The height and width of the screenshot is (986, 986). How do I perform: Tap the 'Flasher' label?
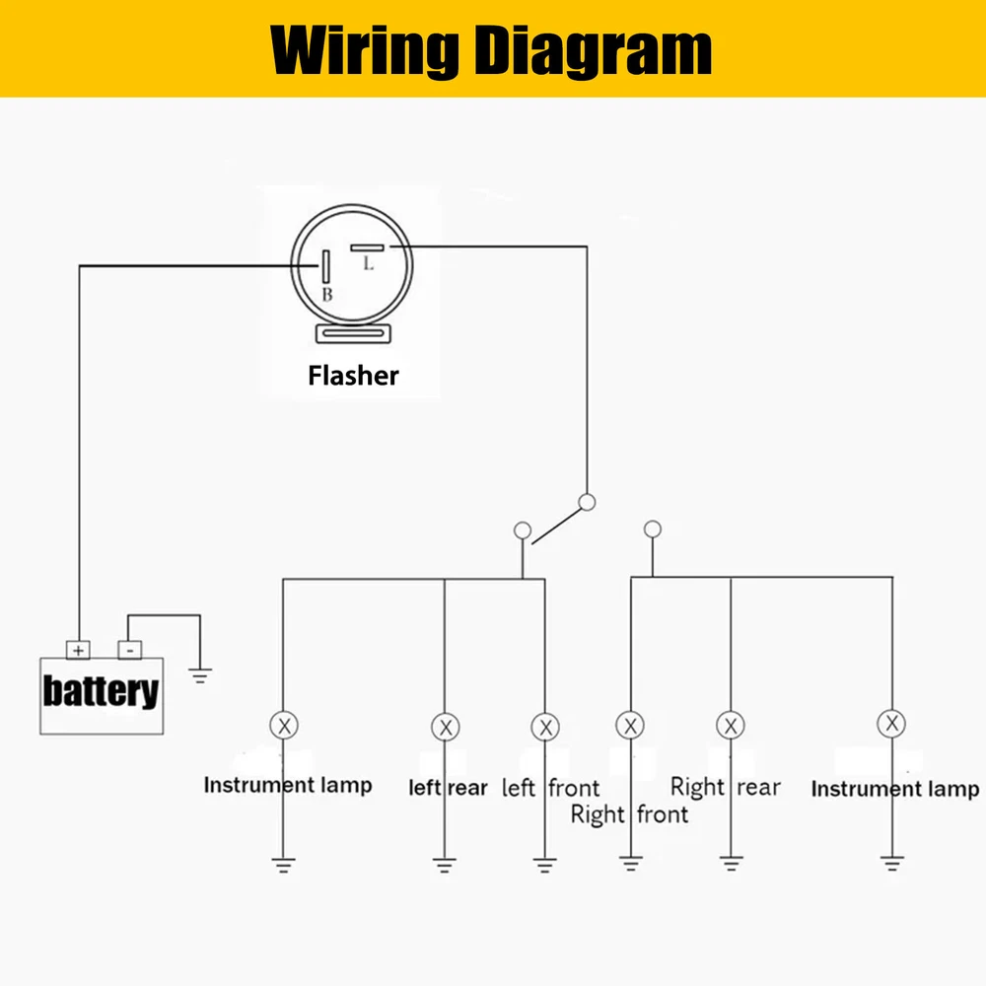point(353,376)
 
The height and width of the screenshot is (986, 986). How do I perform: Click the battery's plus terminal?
point(78,650)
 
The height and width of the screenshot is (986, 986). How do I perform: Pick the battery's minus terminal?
point(129,650)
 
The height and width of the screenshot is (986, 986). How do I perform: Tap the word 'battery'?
point(101,691)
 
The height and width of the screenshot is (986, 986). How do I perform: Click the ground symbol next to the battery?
point(200,676)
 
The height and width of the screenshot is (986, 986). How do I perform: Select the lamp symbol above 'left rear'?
point(446,728)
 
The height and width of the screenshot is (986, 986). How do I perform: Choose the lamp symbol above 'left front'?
point(544,728)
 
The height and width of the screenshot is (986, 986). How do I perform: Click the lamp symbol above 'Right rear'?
point(730,726)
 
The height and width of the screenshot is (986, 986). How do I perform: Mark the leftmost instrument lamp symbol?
point(284,726)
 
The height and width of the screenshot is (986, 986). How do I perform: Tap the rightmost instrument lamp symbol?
point(891,724)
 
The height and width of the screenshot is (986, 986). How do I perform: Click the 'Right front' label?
point(629,815)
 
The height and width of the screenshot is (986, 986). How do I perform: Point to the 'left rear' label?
point(448,788)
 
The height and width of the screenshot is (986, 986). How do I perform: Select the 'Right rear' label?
point(725,787)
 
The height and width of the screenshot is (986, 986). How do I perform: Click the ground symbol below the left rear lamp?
point(446,866)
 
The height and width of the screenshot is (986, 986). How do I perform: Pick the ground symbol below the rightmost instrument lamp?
point(891,865)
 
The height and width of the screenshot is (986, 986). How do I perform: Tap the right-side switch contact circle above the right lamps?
point(651,529)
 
